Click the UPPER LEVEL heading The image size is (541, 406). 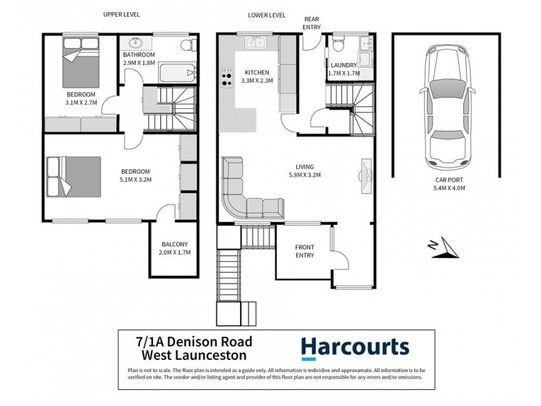click(122, 14)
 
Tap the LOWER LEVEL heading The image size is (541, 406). click(266, 15)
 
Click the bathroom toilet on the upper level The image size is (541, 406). click(189, 45)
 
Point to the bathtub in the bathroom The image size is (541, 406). click(177, 72)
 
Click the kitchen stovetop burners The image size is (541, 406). click(227, 76)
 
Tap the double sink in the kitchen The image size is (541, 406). click(256, 43)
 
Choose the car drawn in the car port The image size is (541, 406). click(448, 108)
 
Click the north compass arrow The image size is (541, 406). click(446, 248)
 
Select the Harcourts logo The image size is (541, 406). click(355, 348)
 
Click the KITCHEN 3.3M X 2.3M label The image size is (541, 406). click(257, 76)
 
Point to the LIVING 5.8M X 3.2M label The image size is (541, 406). click(305, 171)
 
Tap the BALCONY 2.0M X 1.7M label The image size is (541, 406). click(174, 248)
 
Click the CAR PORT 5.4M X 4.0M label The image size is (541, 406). click(449, 184)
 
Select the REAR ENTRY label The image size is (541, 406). click(312, 23)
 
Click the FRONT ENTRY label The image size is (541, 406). click(304, 251)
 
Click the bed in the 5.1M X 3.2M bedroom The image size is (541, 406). click(74, 177)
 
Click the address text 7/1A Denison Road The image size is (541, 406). click(194, 342)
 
